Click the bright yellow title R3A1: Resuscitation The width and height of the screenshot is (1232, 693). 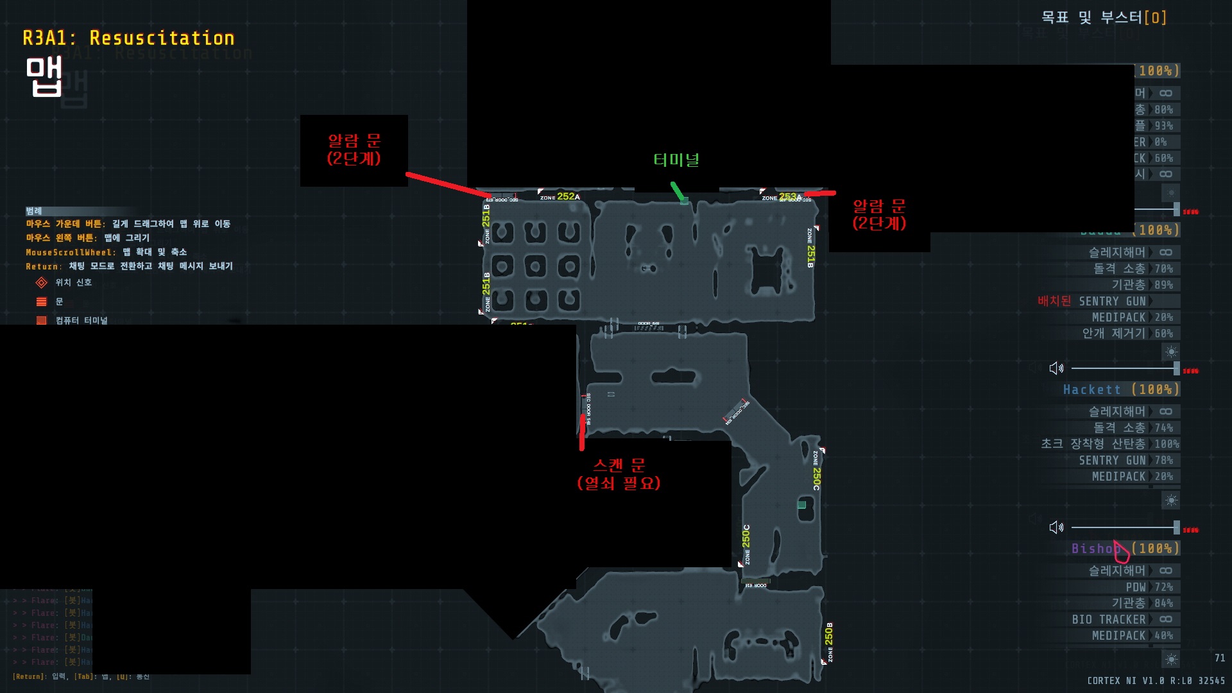point(128,38)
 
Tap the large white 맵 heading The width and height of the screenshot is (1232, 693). point(44,76)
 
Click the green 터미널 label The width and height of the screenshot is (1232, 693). point(676,160)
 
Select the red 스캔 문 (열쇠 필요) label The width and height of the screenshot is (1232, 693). point(619,474)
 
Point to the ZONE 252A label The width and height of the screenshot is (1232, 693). point(560,196)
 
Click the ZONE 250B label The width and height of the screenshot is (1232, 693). point(829,642)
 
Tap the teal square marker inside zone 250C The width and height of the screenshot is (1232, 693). point(801,505)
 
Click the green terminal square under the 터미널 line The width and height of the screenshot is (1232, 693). point(684,201)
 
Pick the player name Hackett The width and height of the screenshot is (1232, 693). point(1092,389)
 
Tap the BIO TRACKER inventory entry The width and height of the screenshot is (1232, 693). point(1109,619)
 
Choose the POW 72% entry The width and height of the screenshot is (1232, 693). point(1149,587)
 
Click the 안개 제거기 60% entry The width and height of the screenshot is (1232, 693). point(1127,333)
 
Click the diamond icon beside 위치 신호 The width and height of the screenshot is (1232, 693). point(42,282)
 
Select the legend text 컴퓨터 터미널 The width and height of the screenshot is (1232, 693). point(81,320)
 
